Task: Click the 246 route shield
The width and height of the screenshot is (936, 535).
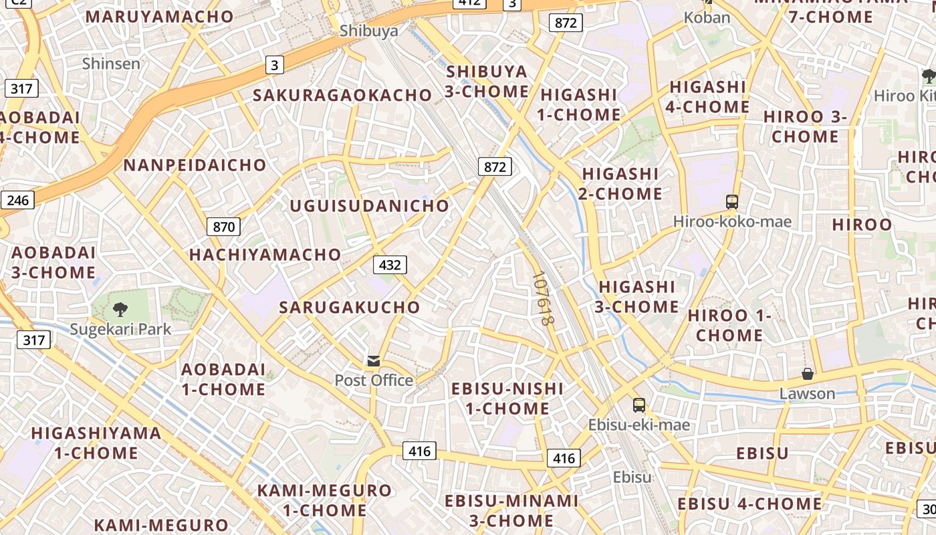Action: click(x=17, y=199)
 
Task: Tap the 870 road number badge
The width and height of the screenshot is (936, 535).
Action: click(x=223, y=227)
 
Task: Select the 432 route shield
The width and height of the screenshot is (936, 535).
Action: click(x=390, y=265)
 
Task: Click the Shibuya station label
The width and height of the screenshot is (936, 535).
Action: click(x=368, y=31)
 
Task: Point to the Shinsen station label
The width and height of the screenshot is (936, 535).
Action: click(x=111, y=64)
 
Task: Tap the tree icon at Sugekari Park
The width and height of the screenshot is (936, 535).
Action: click(x=120, y=310)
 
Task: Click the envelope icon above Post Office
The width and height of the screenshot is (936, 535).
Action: click(x=374, y=361)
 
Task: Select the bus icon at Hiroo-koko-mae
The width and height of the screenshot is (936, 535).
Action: click(x=732, y=201)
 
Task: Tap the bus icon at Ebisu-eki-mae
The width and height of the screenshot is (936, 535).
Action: click(x=639, y=405)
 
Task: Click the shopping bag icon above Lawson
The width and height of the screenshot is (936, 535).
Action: click(x=808, y=374)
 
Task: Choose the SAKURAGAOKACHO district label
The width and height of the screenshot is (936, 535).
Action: click(x=342, y=95)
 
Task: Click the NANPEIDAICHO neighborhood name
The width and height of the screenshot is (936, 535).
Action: click(x=195, y=165)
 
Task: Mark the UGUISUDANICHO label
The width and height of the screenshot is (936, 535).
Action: click(x=369, y=205)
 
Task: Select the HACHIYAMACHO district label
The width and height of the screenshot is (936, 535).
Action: click(x=265, y=254)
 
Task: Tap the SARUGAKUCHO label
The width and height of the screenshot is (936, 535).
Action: click(x=350, y=307)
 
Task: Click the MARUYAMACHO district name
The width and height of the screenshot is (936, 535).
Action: click(x=160, y=17)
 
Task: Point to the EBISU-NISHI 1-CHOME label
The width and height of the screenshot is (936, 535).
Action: click(x=507, y=398)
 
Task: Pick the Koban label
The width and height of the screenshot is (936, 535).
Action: click(x=707, y=17)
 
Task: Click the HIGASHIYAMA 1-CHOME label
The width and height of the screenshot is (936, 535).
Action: click(x=96, y=443)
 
